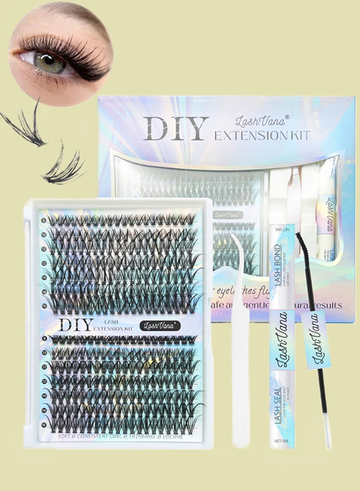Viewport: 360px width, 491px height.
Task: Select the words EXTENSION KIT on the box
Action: pyautogui.click(x=262, y=135)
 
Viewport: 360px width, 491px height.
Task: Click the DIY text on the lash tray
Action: pyautogui.click(x=76, y=324)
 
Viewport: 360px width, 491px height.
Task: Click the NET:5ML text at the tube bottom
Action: pyautogui.click(x=282, y=441)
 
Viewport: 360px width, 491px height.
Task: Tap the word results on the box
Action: pyautogui.click(x=323, y=306)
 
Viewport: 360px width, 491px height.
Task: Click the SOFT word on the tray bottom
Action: pyautogui.click(x=65, y=436)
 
